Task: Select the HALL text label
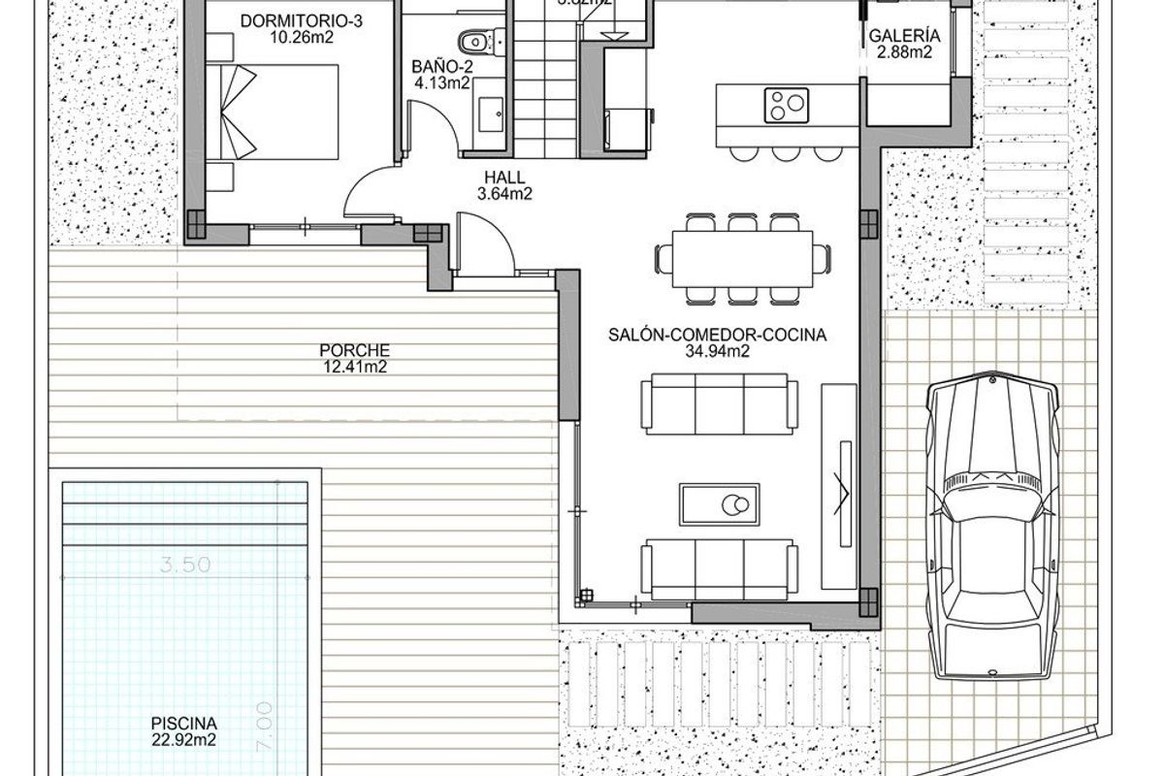point(501,178)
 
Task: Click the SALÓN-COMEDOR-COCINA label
point(717,336)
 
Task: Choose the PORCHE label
point(340,350)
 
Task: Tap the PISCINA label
point(183,723)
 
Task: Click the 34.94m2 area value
point(717,351)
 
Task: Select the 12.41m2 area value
point(340,366)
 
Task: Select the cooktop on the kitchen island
point(787,104)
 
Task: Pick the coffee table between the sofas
point(720,505)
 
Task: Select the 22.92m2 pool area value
point(183,739)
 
